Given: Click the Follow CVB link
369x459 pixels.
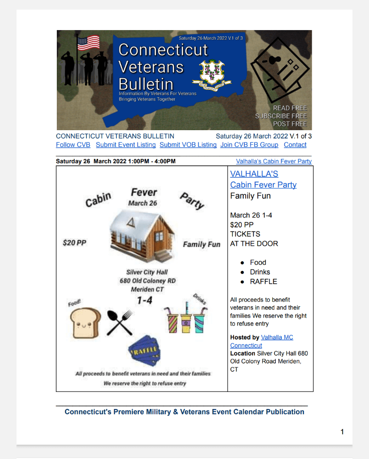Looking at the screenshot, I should tap(73, 145).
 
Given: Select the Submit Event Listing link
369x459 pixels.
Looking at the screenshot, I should tap(126, 145).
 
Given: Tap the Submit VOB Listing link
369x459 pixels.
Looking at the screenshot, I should tap(188, 145).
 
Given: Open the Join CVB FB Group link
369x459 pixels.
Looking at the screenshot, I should tap(249, 145).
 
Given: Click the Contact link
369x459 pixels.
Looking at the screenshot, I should tap(295, 145).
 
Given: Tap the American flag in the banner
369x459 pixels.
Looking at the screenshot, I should tap(88, 43).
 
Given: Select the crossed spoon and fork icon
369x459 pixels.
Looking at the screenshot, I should tap(119, 323).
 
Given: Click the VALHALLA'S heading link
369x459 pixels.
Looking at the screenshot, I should tap(254, 174).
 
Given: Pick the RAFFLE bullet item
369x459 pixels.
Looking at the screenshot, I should tap(264, 281).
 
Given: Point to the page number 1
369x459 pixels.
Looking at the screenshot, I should tap(342, 432).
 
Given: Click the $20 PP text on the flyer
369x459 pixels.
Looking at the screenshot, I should tap(74, 242).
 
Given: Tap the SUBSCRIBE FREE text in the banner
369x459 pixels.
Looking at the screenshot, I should tap(281, 116).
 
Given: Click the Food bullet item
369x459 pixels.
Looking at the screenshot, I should tap(258, 262).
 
